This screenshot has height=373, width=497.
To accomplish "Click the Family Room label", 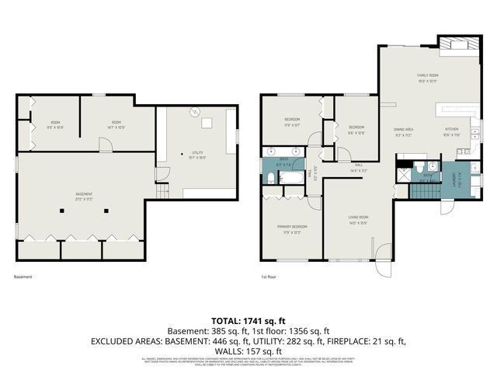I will point(428,78).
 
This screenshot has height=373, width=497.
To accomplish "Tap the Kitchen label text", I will point(452,132).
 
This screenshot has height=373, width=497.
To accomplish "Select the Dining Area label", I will point(403,132).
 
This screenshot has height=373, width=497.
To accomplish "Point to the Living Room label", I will point(358,219).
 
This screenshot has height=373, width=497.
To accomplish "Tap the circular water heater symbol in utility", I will point(197,110).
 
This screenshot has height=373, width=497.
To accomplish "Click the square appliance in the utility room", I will point(208,122).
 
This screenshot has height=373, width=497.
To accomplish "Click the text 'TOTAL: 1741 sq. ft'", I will point(248,320).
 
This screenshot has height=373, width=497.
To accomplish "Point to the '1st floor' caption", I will point(269,276).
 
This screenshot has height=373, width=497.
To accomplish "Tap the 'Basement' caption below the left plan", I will point(23,276).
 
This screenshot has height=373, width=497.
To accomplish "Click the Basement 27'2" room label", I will point(84,196).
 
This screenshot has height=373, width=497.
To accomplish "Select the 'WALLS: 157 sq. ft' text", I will point(248,350).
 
